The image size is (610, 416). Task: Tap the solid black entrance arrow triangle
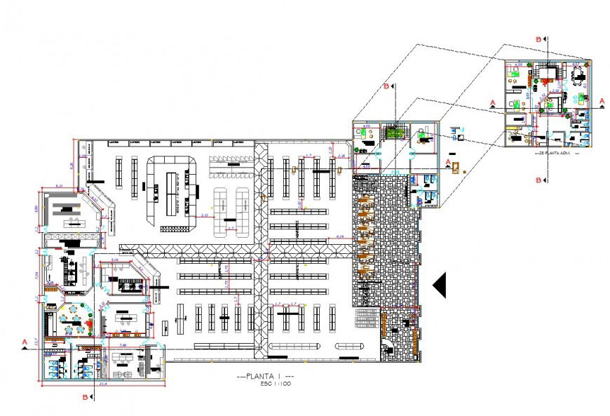[440, 285]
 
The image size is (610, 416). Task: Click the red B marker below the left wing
[86, 397]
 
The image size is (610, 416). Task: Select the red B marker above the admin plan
[538, 40]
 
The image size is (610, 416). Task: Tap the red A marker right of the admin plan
[601, 102]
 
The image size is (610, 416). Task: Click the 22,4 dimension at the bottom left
[102, 384]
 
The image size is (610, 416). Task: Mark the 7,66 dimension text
[122, 345]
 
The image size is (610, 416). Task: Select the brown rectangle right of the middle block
[456, 168]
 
